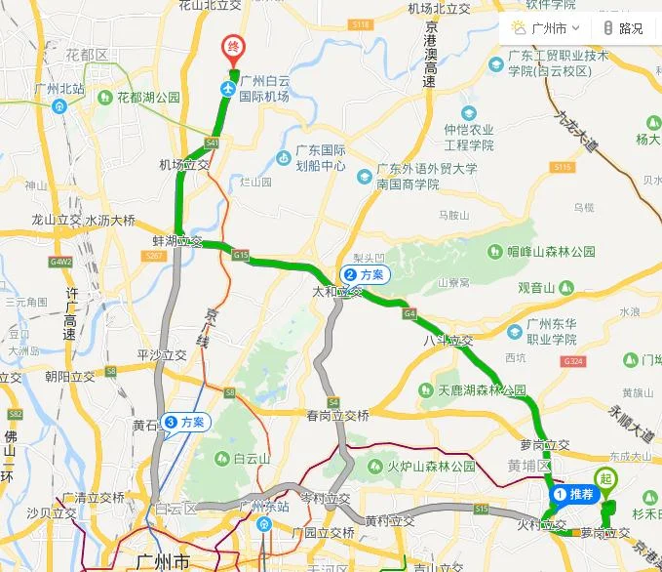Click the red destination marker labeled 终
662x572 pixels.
[x=233, y=47]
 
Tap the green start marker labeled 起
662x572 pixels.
[x=606, y=480]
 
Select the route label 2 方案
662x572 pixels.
[x=366, y=275]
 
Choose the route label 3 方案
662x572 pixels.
[x=184, y=422]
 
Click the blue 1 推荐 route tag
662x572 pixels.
[x=573, y=495]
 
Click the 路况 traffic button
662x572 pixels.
[x=623, y=28]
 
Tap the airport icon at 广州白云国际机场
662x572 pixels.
[x=228, y=89]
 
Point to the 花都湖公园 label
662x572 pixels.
[x=149, y=98]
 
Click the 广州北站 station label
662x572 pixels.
[x=59, y=89]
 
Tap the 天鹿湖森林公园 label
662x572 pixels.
[x=480, y=389]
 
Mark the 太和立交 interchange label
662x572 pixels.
[x=336, y=291]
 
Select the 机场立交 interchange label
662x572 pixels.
[x=185, y=165]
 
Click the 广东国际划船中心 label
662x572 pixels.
[x=321, y=158]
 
